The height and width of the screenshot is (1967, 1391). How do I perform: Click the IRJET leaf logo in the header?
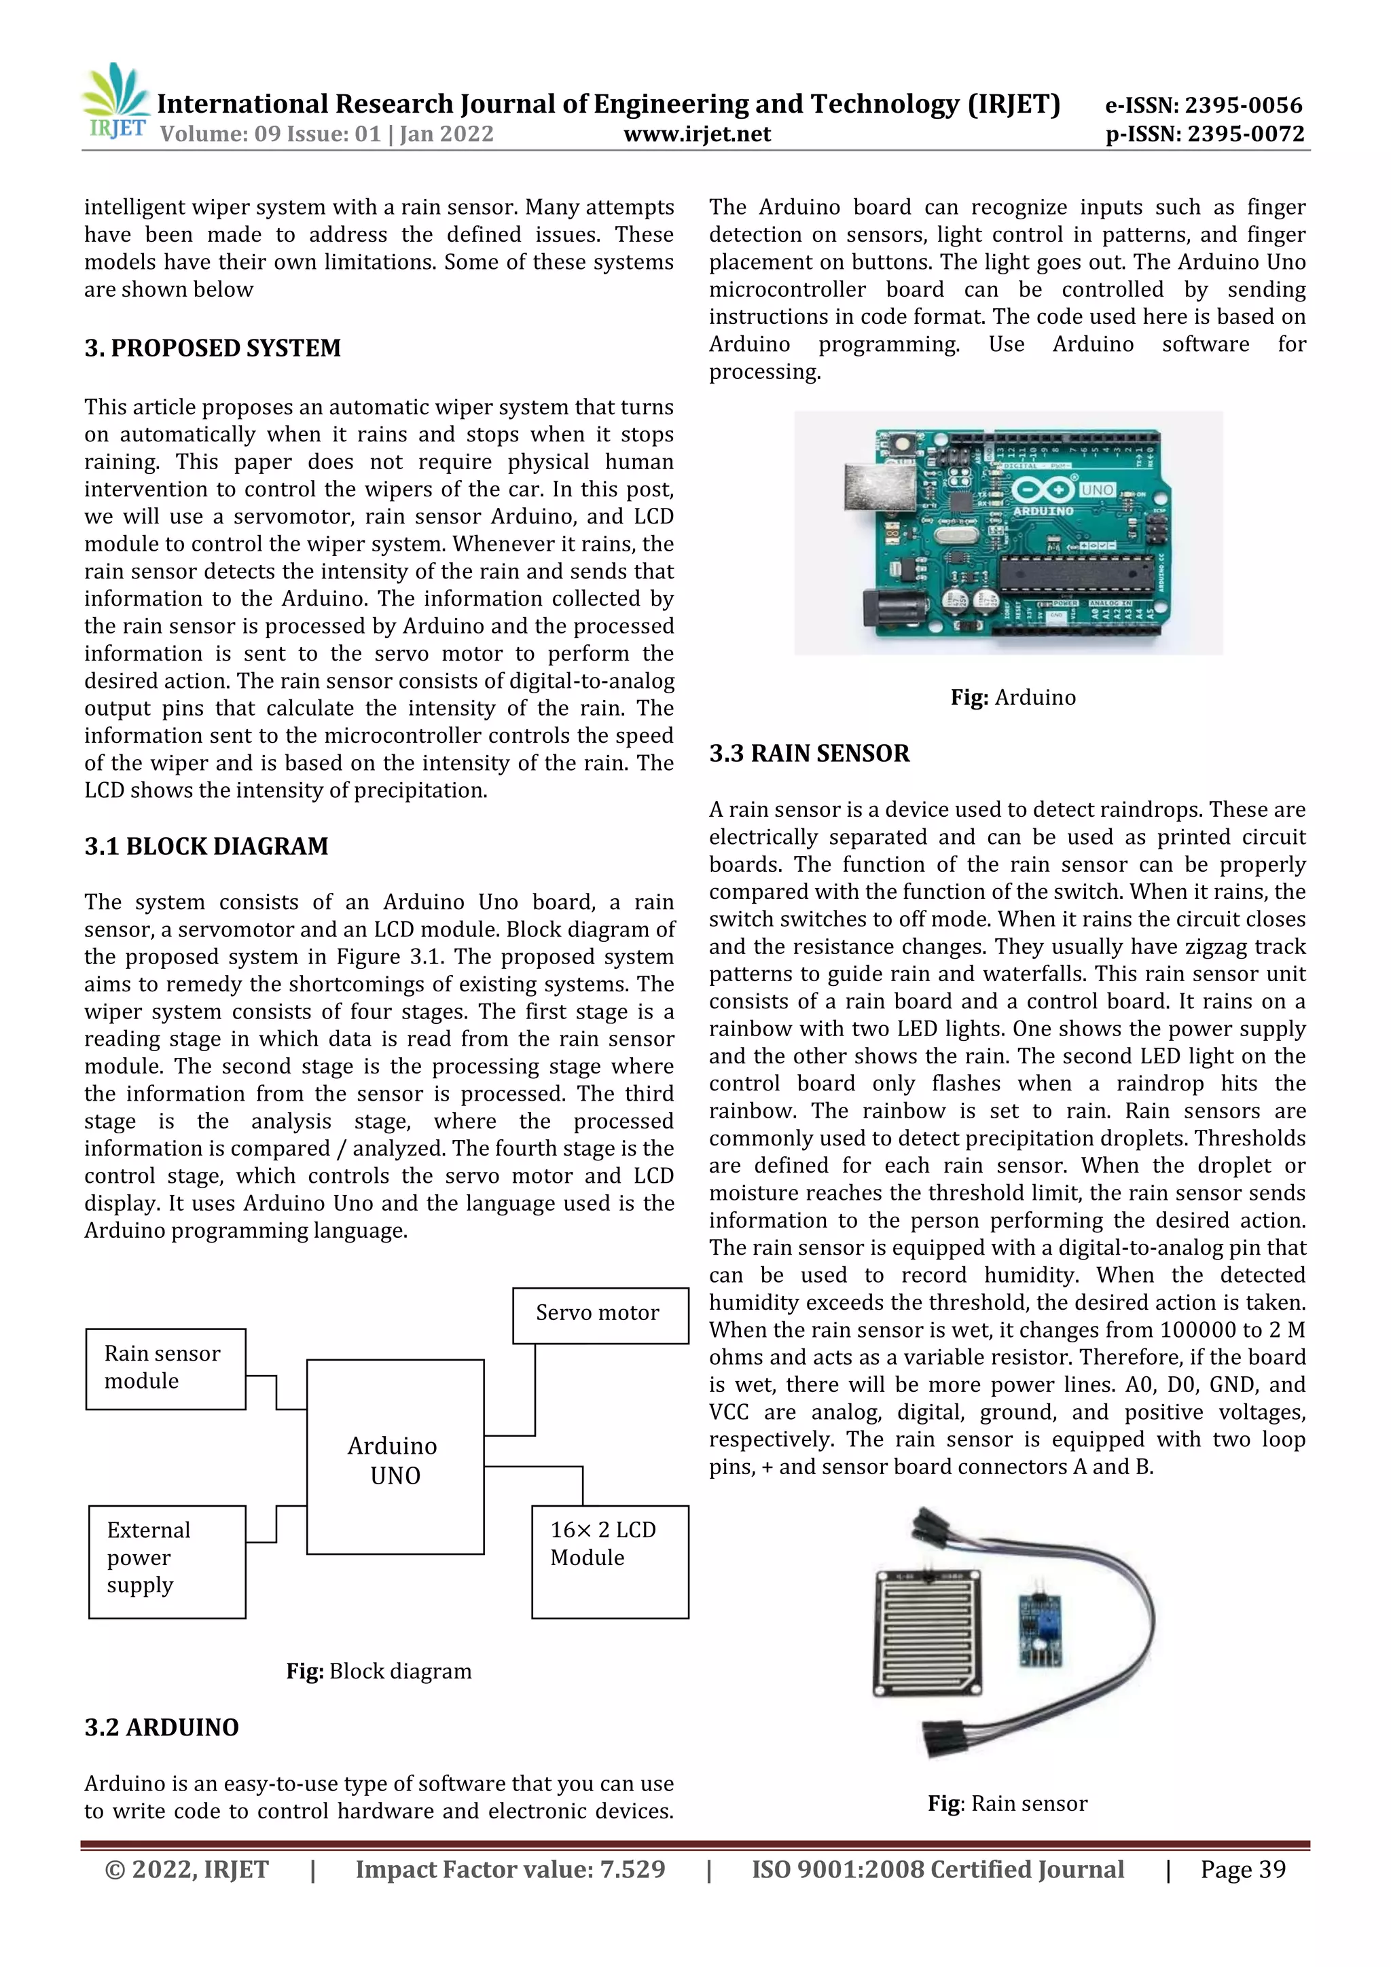click(x=114, y=100)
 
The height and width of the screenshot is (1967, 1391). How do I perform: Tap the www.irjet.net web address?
click(x=697, y=134)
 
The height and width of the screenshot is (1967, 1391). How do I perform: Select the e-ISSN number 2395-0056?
click(x=1204, y=105)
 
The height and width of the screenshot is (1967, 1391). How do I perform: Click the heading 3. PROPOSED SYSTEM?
click(x=212, y=348)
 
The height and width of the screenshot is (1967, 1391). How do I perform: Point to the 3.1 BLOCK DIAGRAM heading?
click(x=206, y=847)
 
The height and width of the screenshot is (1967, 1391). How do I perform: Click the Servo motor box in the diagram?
click(x=600, y=1315)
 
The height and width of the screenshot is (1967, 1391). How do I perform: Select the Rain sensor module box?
click(x=166, y=1368)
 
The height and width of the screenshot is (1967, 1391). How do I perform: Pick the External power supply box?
click(x=167, y=1561)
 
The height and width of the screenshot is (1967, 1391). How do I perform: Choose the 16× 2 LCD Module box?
click(x=609, y=1561)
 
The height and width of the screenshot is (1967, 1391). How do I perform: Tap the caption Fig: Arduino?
click(x=1012, y=697)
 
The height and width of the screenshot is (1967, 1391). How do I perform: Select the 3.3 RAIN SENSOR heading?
click(x=808, y=754)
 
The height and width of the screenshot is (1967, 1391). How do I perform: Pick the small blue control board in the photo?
click(x=1041, y=1630)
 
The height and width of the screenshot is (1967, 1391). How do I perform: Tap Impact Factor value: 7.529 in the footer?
click(x=510, y=1869)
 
